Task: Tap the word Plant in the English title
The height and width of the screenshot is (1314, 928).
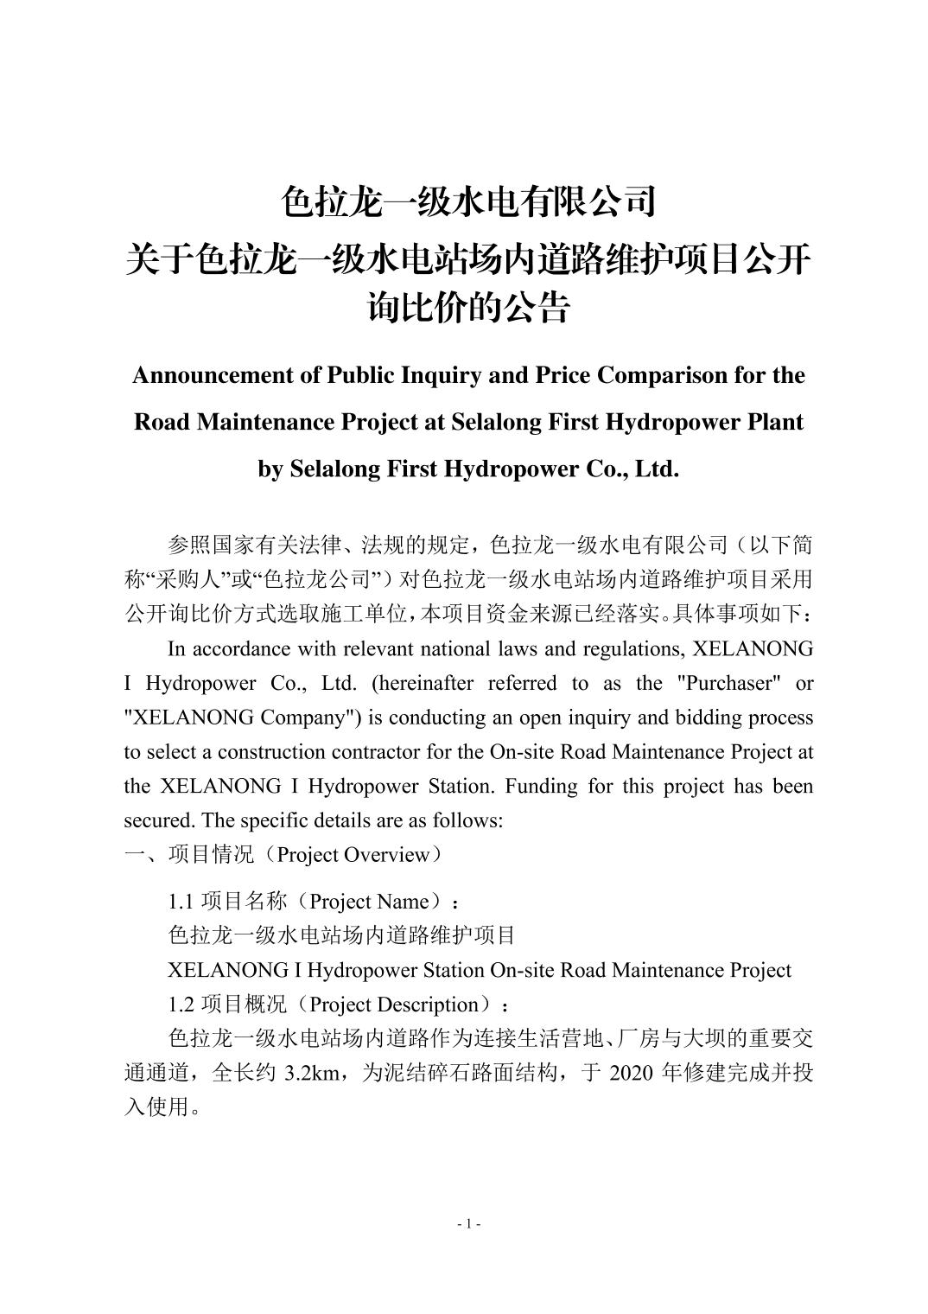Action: pos(774,422)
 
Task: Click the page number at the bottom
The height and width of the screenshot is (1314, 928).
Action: pos(467,1223)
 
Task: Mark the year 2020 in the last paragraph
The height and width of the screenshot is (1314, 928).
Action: pos(631,1073)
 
